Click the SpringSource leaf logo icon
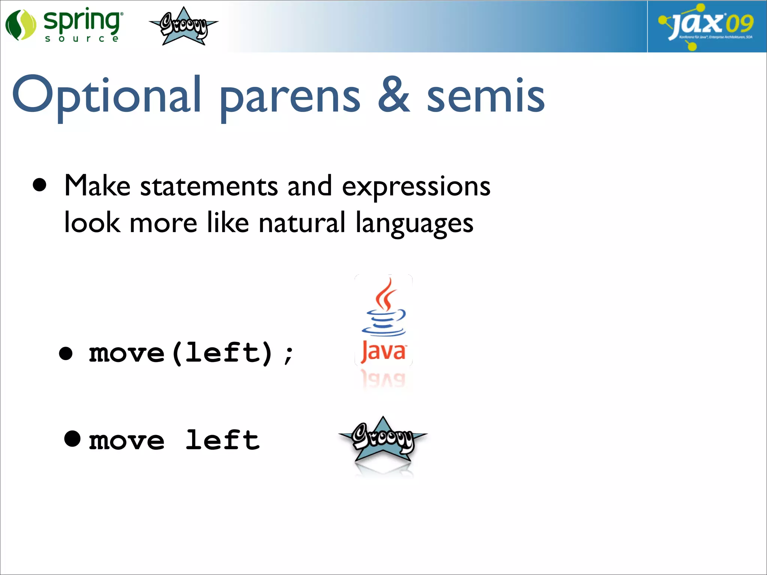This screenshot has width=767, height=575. click(20, 25)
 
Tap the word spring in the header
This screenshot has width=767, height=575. click(82, 21)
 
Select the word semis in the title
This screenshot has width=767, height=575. click(485, 95)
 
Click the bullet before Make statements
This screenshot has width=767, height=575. click(40, 185)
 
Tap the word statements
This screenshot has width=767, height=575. click(209, 186)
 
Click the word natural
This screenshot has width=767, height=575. click(302, 223)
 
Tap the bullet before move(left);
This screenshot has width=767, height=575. click(66, 353)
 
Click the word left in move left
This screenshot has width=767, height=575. click(222, 440)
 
